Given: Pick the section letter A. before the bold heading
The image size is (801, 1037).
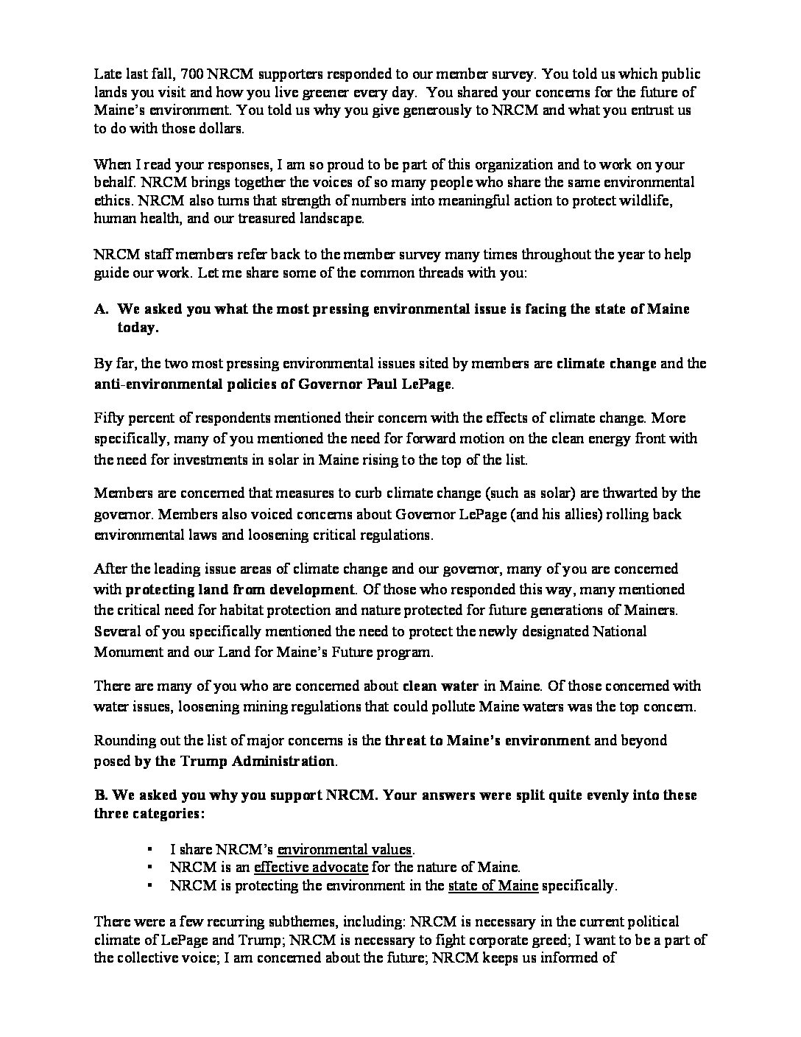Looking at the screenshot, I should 102,309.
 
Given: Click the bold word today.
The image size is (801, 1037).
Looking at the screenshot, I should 138,328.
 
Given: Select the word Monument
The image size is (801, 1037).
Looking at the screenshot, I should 124,652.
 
